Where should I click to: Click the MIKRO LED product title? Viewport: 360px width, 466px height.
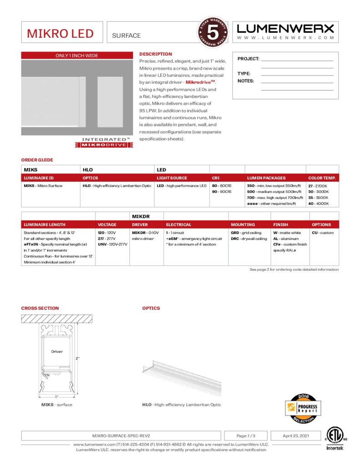tap(60, 34)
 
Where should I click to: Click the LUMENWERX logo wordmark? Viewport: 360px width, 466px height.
tap(285, 29)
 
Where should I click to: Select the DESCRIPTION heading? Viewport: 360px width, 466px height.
tap(156, 54)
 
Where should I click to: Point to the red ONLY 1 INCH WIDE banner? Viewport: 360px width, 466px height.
tap(77, 56)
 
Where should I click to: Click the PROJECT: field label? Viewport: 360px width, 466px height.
tap(248, 59)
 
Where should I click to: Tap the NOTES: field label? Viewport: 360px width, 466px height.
tap(246, 81)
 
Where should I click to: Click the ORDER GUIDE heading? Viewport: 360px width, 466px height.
tap(37, 160)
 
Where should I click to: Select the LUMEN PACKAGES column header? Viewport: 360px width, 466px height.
tap(266, 178)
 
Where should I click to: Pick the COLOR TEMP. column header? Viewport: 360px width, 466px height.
tap(322, 178)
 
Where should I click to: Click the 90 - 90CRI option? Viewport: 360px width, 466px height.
tap(222, 192)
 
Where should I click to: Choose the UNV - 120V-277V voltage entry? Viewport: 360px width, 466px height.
tap(112, 244)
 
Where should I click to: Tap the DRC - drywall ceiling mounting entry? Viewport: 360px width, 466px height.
tap(249, 238)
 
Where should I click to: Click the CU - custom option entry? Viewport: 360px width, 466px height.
tap(323, 233)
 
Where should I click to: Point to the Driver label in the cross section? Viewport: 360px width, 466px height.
tap(57, 351)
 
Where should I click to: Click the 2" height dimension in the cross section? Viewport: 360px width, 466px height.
tap(78, 358)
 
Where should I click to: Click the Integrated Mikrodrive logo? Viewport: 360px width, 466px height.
tap(103, 142)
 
